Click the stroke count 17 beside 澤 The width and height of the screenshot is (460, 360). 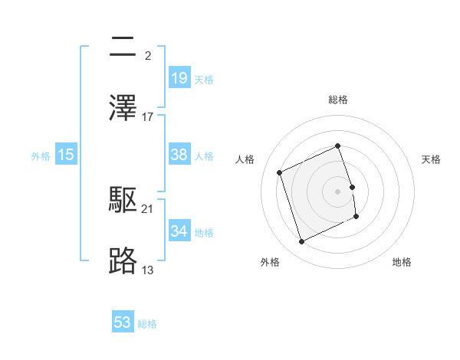tap(148, 117)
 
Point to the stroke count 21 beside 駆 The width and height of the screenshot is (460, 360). tap(148, 209)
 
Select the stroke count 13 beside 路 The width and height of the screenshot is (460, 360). tap(148, 270)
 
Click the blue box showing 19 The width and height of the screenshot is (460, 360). tap(179, 77)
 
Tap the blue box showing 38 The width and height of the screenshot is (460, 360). tap(179, 154)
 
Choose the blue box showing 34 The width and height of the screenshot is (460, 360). tap(179, 231)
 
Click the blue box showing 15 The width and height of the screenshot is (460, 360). tap(66, 155)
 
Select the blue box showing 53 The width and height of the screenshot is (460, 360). tap(123, 322)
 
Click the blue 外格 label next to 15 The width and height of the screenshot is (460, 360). tap(41, 155)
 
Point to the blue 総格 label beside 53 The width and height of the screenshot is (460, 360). tap(147, 323)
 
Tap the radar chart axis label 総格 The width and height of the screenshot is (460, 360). tap(338, 100)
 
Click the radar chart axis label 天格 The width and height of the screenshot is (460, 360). tap(431, 159)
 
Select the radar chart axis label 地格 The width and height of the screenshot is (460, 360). tap(402, 262)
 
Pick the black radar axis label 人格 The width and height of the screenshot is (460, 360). tap(245, 159)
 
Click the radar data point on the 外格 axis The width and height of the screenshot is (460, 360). tap(301, 242)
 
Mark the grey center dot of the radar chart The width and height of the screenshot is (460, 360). tap(338, 191)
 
